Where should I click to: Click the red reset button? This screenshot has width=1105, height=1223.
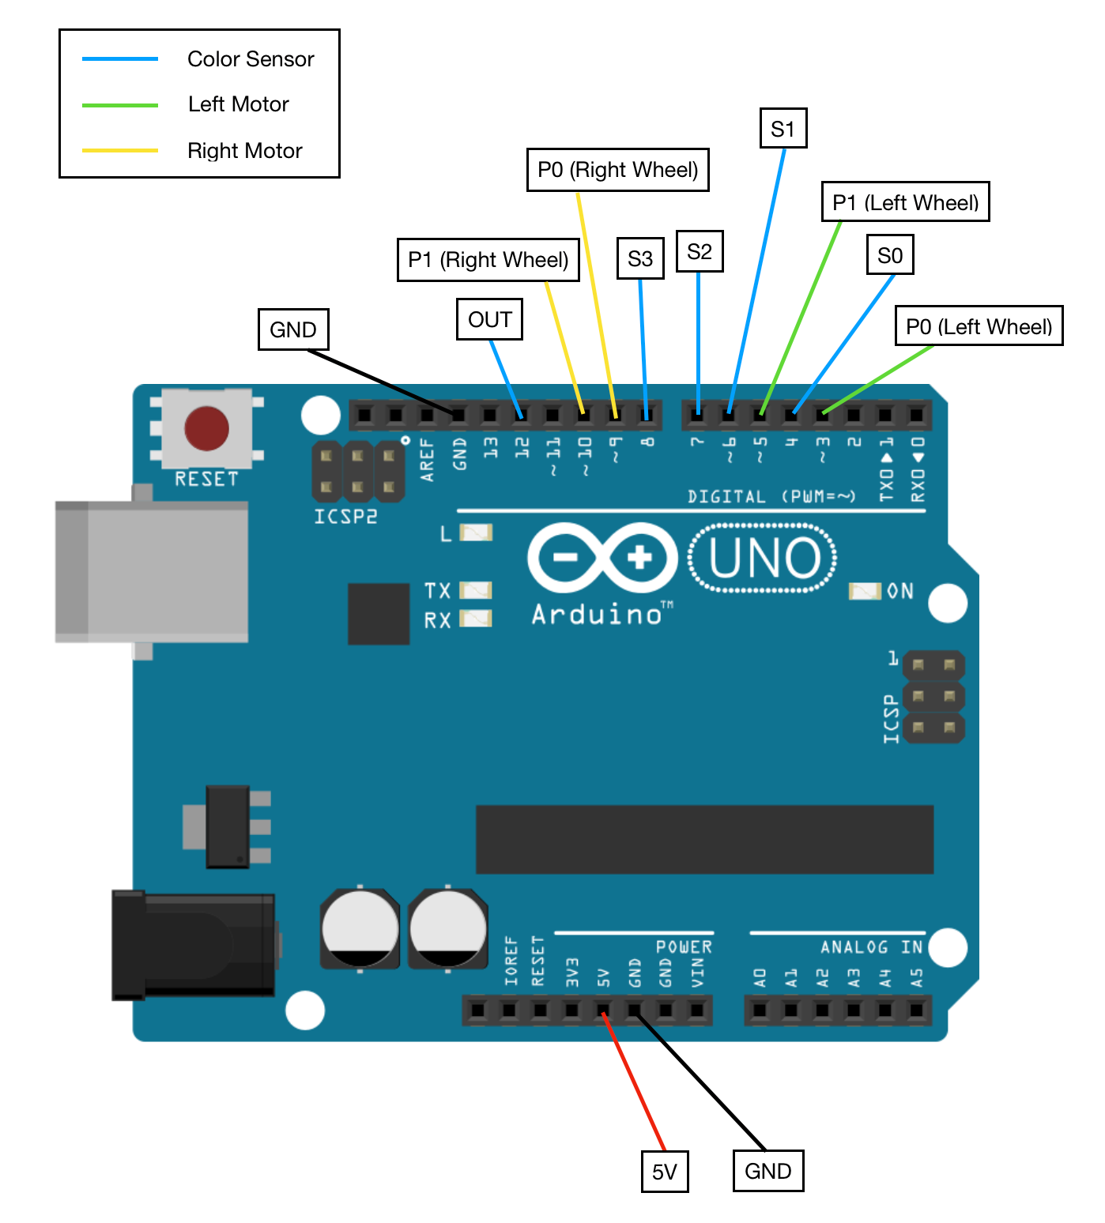tap(206, 428)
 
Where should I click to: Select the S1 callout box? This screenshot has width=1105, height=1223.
tap(783, 128)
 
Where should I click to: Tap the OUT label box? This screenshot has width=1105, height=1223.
tap(489, 319)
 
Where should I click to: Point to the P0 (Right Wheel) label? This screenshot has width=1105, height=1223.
tap(617, 170)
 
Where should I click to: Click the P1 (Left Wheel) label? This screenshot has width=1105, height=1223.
tap(905, 202)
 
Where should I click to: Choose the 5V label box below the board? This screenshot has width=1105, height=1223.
tap(664, 1171)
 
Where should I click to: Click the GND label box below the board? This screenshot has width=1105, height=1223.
tap(767, 1171)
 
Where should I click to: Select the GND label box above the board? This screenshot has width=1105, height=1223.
tap(293, 329)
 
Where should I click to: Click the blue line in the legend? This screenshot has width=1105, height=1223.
tap(120, 59)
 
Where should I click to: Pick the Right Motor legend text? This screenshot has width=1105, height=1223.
tap(245, 150)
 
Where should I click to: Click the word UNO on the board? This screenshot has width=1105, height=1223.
tap(764, 558)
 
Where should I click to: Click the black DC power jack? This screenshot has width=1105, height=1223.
tap(194, 945)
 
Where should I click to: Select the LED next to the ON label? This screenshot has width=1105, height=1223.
tap(865, 591)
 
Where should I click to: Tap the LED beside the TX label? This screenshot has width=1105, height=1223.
tap(476, 590)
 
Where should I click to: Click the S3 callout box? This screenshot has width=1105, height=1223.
tap(639, 258)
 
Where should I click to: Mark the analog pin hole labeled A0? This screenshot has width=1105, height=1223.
tap(760, 1010)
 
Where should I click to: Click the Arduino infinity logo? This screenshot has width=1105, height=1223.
tap(602, 558)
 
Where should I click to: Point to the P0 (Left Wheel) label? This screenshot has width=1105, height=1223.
tap(979, 326)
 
